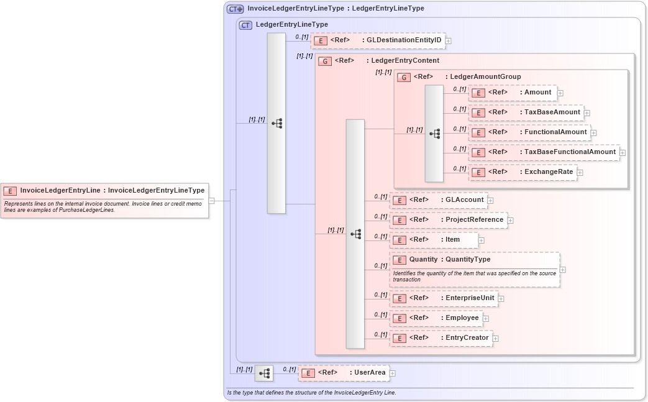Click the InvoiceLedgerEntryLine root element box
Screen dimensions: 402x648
104,191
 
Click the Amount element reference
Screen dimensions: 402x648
513,93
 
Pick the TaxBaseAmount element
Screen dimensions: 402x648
526,112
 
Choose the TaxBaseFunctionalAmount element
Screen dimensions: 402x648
544,152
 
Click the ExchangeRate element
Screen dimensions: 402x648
523,172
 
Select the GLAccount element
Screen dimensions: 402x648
438,200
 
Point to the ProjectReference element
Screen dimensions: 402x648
448,220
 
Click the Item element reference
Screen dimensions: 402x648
434,240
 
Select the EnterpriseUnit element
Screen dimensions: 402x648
443,298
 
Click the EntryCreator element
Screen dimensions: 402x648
440,338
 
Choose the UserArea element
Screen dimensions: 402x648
344,373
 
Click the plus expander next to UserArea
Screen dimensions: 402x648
393,373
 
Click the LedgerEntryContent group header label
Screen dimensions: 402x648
404,61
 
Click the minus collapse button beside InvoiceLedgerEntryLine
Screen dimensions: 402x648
211,201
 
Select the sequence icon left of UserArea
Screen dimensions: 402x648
264,373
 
